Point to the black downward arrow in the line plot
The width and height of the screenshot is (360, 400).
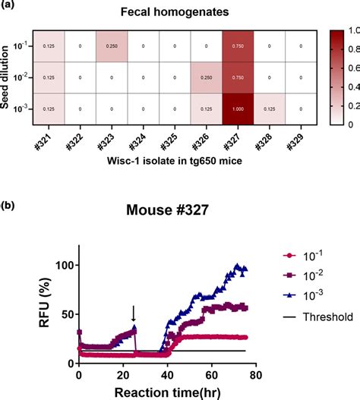133,313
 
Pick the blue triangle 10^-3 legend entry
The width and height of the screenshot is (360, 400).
305,318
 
